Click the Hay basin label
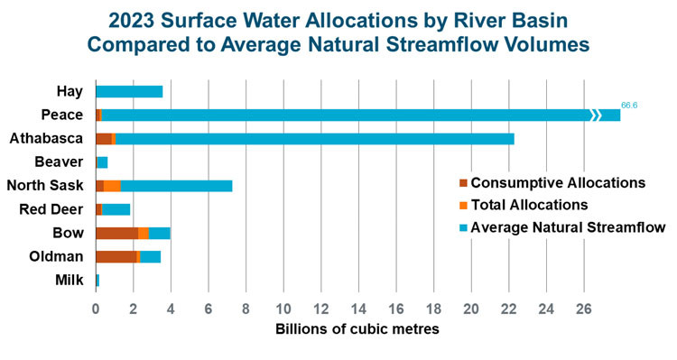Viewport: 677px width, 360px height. coord(70,91)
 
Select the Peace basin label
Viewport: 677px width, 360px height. coord(62,115)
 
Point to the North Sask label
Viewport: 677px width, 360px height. coord(45,186)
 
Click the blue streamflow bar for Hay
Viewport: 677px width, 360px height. coord(129,91)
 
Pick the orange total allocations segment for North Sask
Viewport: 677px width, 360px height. coord(112,186)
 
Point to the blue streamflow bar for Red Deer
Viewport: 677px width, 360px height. coord(116,209)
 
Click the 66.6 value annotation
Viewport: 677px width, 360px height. coord(630,106)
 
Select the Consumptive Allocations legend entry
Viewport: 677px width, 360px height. coord(557,183)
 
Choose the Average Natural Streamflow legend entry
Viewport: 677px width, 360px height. coord(568,226)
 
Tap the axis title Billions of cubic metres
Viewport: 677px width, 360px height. coord(357,330)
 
